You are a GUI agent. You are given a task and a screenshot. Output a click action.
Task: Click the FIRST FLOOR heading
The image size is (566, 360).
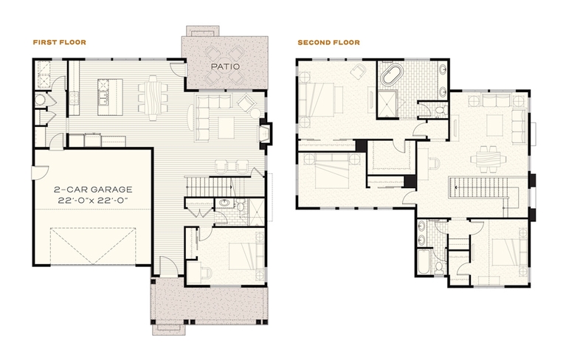point(60,42)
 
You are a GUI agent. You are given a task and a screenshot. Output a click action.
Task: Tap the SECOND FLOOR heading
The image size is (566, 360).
point(329,43)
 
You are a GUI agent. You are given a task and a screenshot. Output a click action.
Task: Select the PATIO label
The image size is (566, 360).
point(225,66)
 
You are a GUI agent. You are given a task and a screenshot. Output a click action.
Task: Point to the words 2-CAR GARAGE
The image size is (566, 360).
point(93,190)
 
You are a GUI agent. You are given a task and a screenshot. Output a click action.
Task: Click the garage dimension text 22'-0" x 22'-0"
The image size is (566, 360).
point(93,200)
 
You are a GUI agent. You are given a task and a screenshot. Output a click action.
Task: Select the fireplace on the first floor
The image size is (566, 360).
point(265,134)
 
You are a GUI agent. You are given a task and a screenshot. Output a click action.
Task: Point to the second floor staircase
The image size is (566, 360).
point(483,187)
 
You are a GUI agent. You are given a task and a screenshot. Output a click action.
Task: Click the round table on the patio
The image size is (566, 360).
point(224,66)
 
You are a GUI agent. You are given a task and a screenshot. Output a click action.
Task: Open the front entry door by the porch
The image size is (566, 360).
point(168,266)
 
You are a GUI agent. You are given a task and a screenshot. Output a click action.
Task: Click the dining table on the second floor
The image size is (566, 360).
point(488,158)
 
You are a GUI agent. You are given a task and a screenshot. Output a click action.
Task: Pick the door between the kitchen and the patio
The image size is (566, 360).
point(178,69)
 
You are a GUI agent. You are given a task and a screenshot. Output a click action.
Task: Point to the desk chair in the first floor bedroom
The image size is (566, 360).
point(207,273)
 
